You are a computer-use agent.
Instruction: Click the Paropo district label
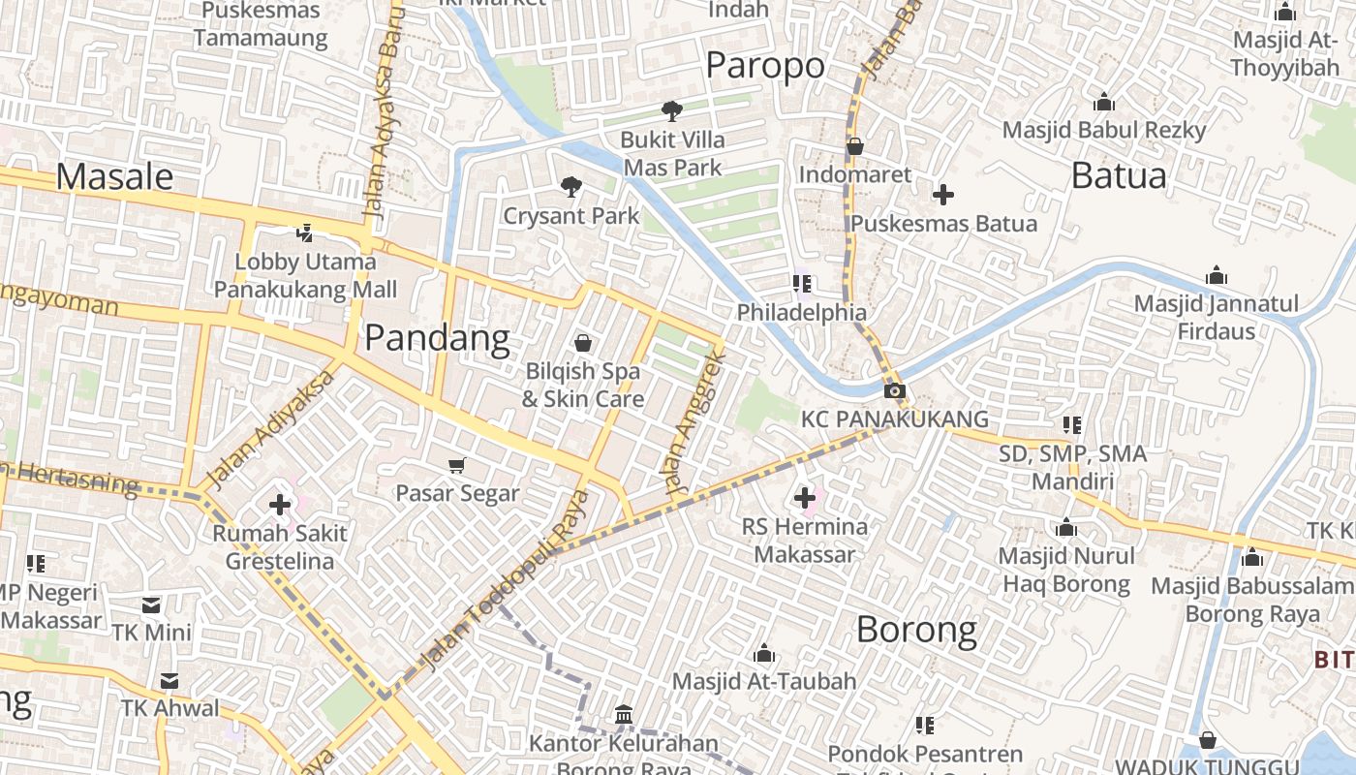(x=765, y=66)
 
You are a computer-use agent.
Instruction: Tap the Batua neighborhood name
(x=1119, y=176)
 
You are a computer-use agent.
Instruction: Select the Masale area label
(x=114, y=176)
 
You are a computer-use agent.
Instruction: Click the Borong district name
(x=916, y=630)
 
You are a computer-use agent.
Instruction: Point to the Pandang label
(x=437, y=338)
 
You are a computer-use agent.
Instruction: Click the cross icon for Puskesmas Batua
(x=942, y=195)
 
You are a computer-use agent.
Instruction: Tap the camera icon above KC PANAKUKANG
(x=895, y=391)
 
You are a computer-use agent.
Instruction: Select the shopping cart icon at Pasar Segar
(x=457, y=466)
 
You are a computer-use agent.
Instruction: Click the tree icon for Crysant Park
(x=571, y=186)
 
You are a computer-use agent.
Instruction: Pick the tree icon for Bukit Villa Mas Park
(x=671, y=111)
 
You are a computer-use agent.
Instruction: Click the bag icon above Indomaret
(x=854, y=146)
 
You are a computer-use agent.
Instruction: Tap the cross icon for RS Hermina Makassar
(x=804, y=498)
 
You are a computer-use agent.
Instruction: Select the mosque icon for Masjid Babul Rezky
(x=1103, y=103)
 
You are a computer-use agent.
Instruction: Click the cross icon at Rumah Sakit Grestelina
(x=280, y=505)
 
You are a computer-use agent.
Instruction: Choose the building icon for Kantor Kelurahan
(x=624, y=715)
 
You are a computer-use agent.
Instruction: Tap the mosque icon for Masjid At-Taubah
(x=764, y=653)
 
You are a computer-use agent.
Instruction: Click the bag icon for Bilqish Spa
(x=583, y=343)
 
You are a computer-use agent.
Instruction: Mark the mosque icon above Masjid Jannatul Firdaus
(x=1216, y=276)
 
